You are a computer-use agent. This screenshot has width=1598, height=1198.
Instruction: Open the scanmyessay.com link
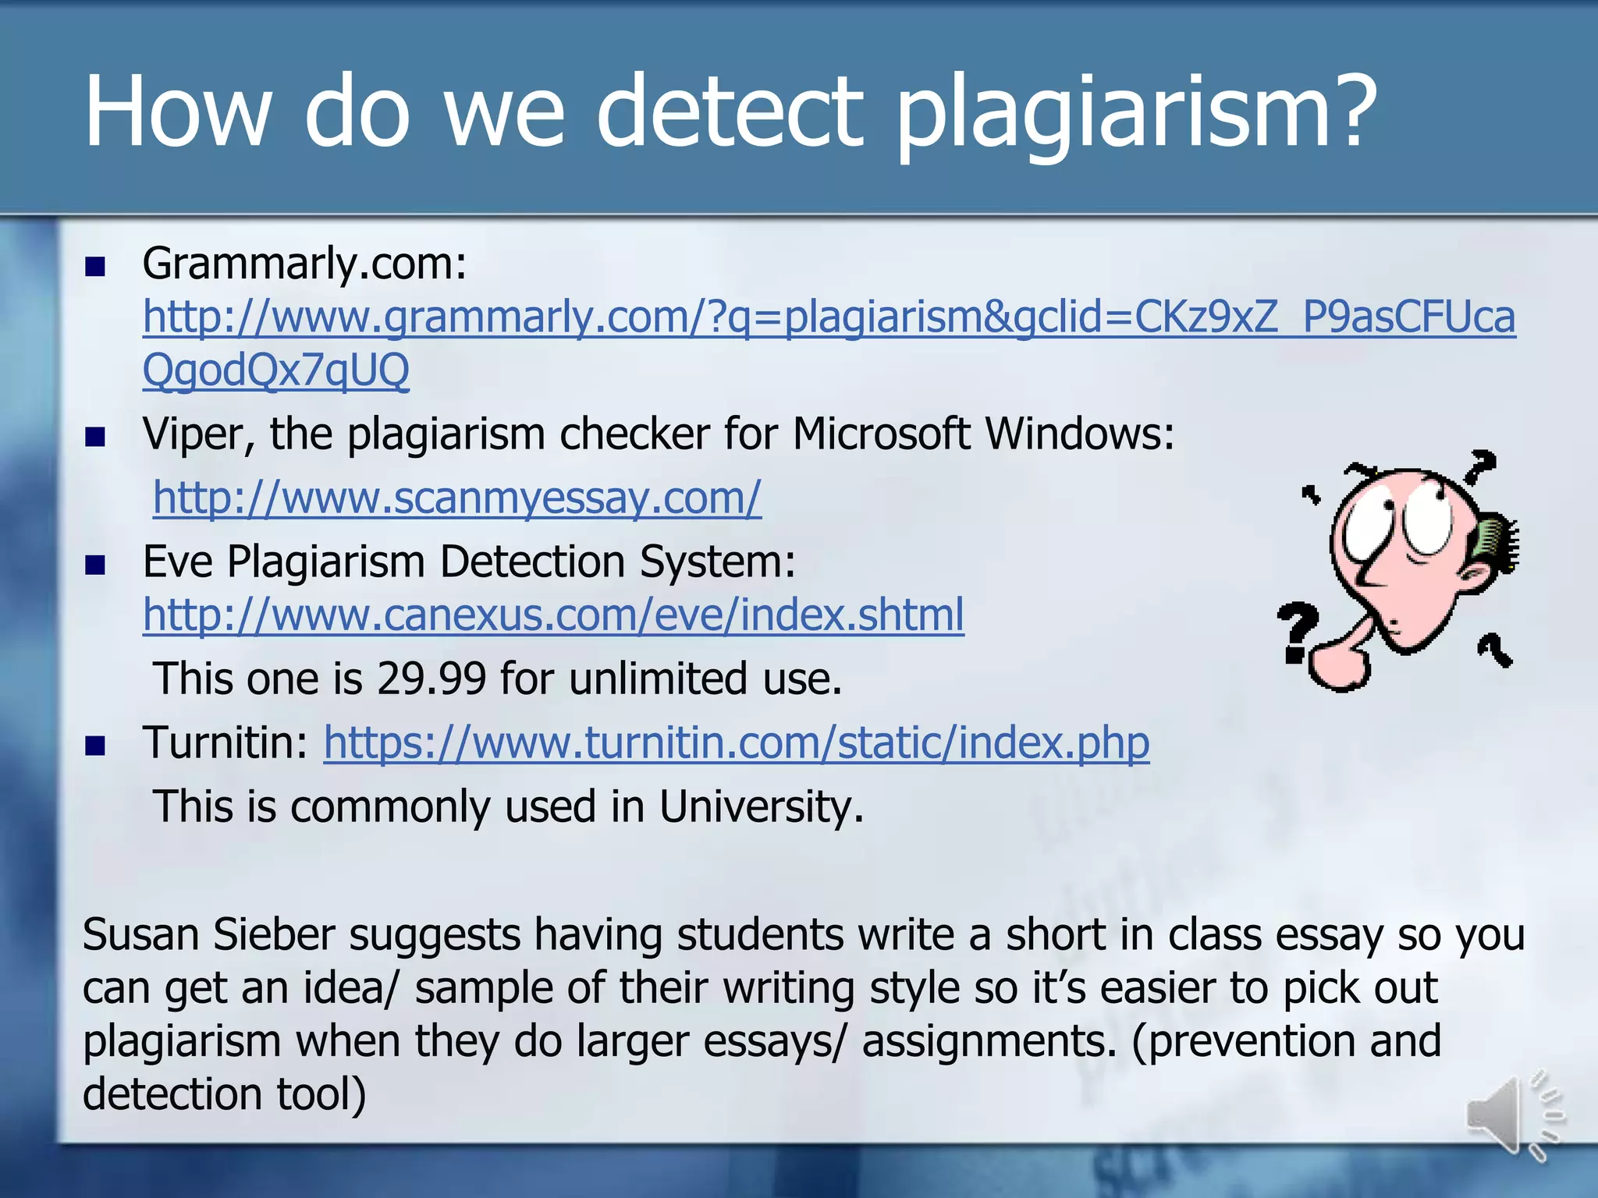pos(456,498)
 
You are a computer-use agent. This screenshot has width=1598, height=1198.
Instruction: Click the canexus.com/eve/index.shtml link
pos(553,615)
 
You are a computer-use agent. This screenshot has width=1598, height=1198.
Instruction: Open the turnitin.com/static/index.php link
pos(736,743)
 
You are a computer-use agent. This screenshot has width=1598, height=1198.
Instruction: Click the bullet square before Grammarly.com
pos(95,268)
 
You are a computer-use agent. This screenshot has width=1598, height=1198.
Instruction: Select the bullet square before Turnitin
pos(95,746)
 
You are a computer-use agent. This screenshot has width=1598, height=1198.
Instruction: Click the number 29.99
pos(431,679)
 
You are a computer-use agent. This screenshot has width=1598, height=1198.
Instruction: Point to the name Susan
pos(140,934)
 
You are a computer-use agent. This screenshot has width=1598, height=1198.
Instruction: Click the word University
pos(761,806)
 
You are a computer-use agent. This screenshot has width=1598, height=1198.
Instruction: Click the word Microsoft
pos(881,434)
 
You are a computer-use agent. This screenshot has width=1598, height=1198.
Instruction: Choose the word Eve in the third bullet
pos(177,562)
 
